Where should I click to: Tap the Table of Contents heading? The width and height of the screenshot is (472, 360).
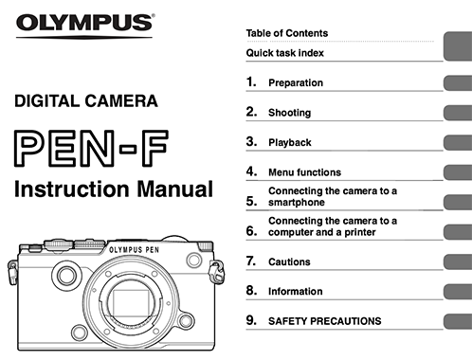pos(287,33)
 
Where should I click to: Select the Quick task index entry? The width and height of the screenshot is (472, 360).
pos(285,53)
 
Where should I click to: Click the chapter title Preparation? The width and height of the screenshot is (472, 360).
pos(296,82)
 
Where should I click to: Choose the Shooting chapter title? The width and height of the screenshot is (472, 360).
pos(290,113)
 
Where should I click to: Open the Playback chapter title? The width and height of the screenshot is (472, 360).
pos(290,142)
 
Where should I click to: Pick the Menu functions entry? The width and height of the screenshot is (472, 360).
pos(304,172)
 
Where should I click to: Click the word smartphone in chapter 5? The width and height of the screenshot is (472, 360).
pos(297,202)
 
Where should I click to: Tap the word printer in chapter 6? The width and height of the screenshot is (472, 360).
pos(360,232)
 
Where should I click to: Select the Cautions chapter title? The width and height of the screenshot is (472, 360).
pos(289,261)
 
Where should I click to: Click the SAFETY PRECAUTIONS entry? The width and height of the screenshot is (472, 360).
pos(325,321)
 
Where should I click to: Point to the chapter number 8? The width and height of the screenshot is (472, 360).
pos(251,290)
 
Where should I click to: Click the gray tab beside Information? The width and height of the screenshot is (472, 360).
pos(458,292)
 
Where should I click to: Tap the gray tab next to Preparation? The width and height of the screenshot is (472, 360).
pos(458,83)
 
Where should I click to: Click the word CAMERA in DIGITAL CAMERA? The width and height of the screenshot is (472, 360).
pos(121,101)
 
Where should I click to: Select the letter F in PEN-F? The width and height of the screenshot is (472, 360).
pos(154,148)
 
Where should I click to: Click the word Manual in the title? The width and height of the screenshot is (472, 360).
pos(175,189)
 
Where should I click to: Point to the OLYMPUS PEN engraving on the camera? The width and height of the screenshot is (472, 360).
pos(134,250)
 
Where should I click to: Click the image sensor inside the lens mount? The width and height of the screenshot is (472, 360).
pos(131,302)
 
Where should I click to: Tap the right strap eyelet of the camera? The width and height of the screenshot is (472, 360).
pos(217,272)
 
